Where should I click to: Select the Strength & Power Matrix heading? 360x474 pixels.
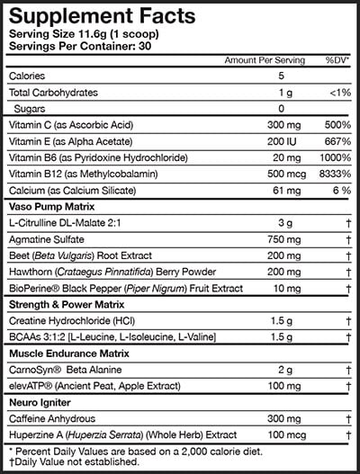(67, 304)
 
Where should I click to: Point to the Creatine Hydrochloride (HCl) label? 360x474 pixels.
(76, 320)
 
